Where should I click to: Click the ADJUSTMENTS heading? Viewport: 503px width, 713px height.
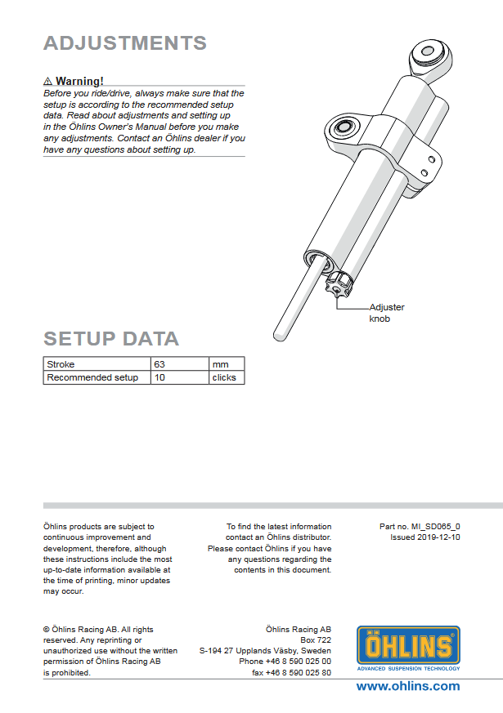pyautogui.click(x=124, y=43)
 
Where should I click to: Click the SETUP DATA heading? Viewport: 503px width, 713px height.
pyautogui.click(x=110, y=339)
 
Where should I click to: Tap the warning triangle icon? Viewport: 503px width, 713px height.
pyautogui.click(x=48, y=82)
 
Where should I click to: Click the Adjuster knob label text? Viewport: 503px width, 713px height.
pyautogui.click(x=386, y=313)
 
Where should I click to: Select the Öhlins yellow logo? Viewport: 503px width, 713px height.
pyautogui.click(x=408, y=647)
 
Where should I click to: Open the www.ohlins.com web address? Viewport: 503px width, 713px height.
pyautogui.click(x=407, y=686)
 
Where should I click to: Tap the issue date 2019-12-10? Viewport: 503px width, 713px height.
pyautogui.click(x=425, y=537)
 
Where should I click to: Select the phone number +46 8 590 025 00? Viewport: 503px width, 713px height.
pyautogui.click(x=285, y=662)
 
